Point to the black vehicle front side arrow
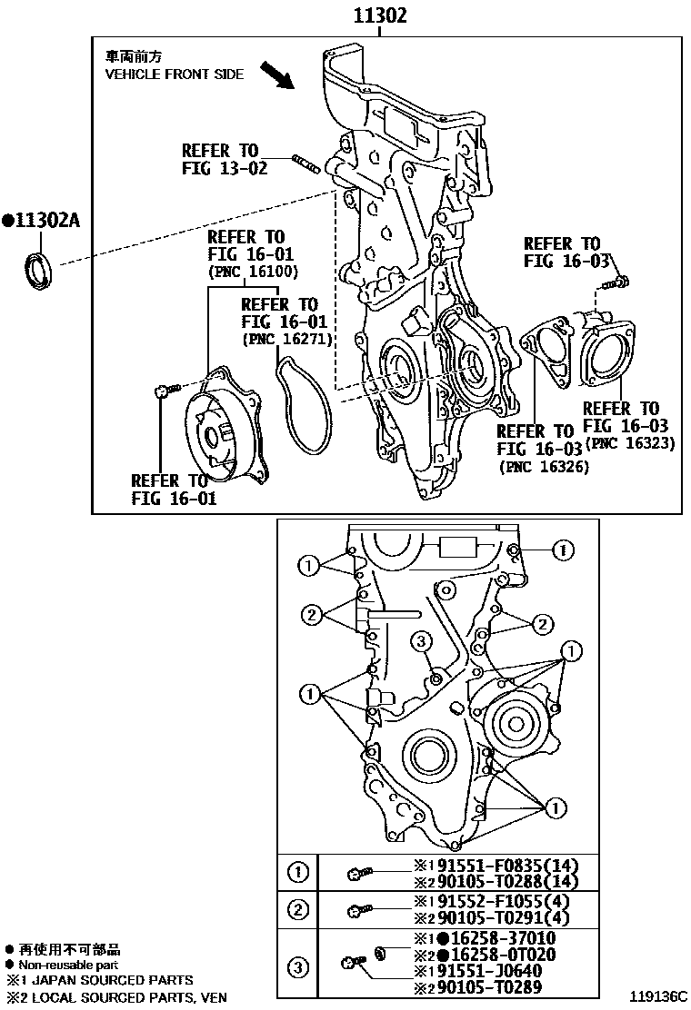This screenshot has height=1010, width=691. click(276, 75)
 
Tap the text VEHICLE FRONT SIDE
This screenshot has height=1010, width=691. click(175, 74)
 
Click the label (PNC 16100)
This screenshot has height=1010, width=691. click(253, 272)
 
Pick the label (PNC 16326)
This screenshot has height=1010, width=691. click(544, 467)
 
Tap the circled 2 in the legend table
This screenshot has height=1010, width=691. click(298, 908)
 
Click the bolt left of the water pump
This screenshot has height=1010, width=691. click(162, 391)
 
